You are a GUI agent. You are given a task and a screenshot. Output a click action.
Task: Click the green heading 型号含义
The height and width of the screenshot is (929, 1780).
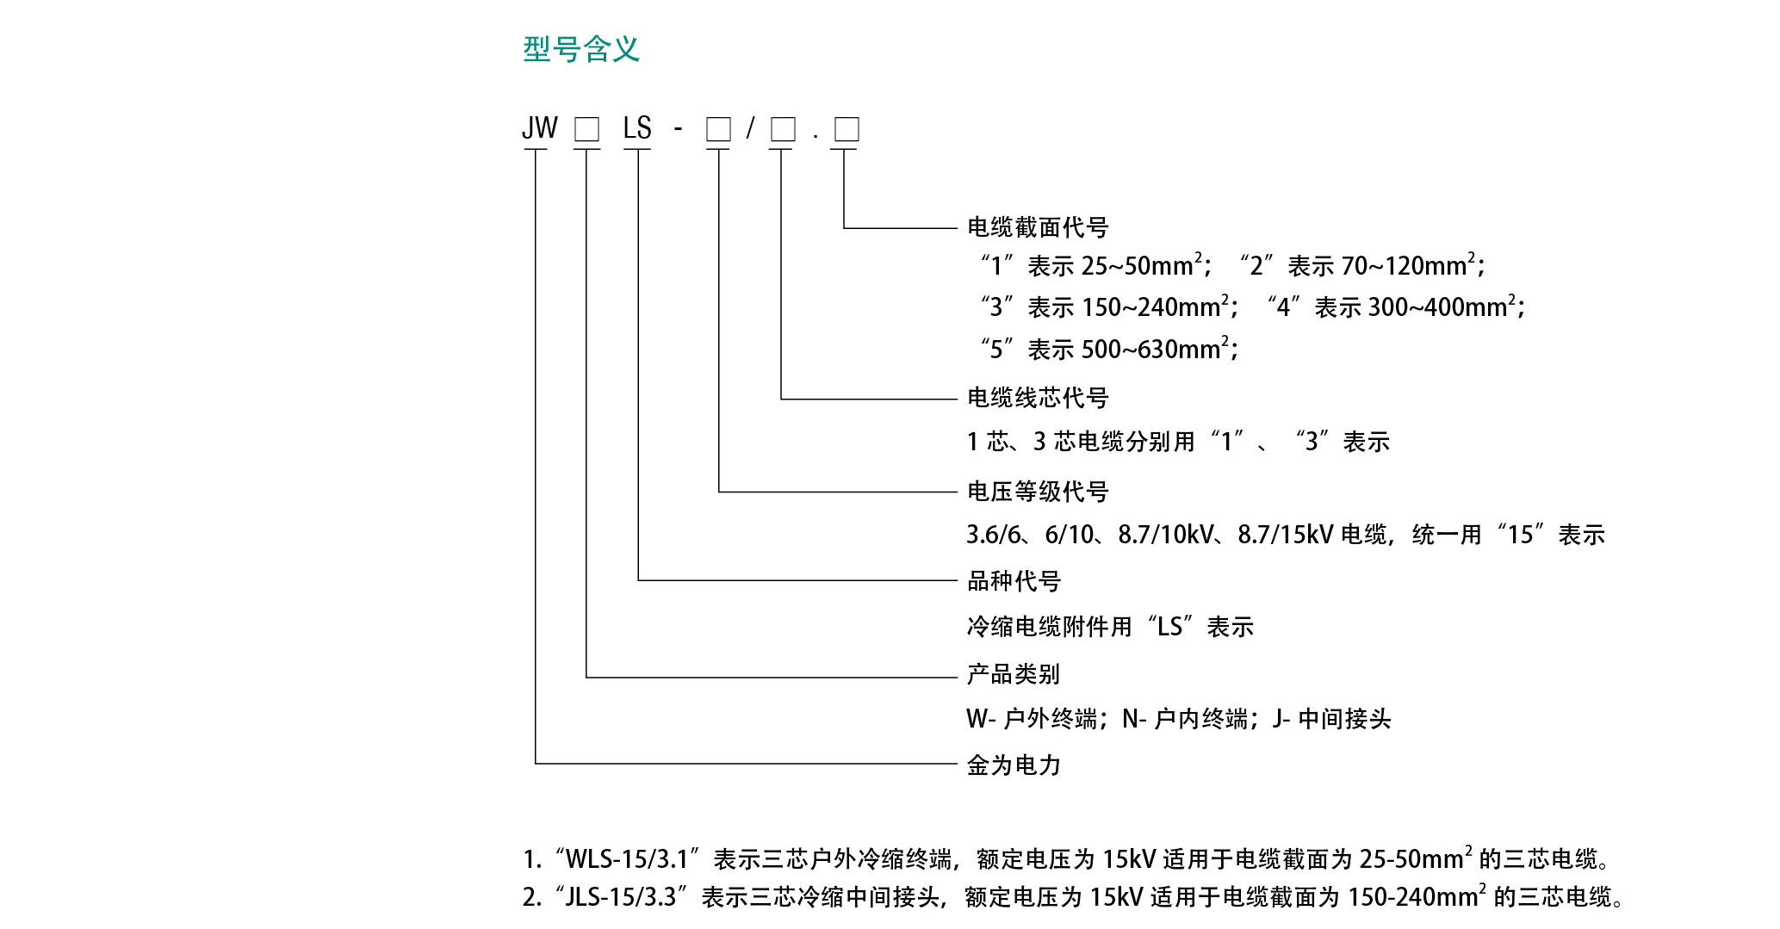(x=581, y=49)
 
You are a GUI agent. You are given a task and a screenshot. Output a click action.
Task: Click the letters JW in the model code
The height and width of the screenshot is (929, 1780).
(x=540, y=128)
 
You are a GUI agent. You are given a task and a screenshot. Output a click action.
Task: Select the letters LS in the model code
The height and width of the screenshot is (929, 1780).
(x=637, y=128)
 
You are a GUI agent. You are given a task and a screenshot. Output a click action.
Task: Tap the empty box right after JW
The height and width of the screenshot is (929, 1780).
(x=586, y=129)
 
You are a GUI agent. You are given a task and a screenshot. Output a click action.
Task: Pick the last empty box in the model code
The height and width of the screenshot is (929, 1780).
(x=847, y=129)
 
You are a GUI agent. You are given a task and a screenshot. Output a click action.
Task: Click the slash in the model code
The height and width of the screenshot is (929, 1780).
(x=750, y=128)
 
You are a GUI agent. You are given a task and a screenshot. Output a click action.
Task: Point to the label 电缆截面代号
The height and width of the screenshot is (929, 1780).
(x=1038, y=227)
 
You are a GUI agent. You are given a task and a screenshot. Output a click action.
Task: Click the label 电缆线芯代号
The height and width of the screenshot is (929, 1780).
(x=1038, y=398)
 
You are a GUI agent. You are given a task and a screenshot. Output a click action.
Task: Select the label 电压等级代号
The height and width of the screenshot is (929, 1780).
(x=1038, y=492)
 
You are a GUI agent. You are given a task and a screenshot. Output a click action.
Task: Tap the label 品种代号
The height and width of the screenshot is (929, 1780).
(x=1014, y=581)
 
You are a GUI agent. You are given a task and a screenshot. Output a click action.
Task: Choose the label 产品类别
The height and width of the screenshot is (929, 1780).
(x=1014, y=674)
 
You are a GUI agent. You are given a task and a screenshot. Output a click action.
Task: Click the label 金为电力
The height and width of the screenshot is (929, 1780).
(x=1014, y=765)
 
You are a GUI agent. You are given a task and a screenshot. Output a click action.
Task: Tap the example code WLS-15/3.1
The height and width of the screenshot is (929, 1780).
(x=627, y=859)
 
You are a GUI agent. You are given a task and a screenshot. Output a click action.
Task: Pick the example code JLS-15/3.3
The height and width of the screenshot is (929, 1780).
(x=620, y=897)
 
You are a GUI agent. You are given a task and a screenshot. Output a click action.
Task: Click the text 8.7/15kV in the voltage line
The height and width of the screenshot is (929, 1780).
(x=1285, y=535)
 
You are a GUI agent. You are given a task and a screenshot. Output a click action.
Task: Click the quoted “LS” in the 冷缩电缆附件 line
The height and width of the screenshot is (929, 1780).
(x=1169, y=627)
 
